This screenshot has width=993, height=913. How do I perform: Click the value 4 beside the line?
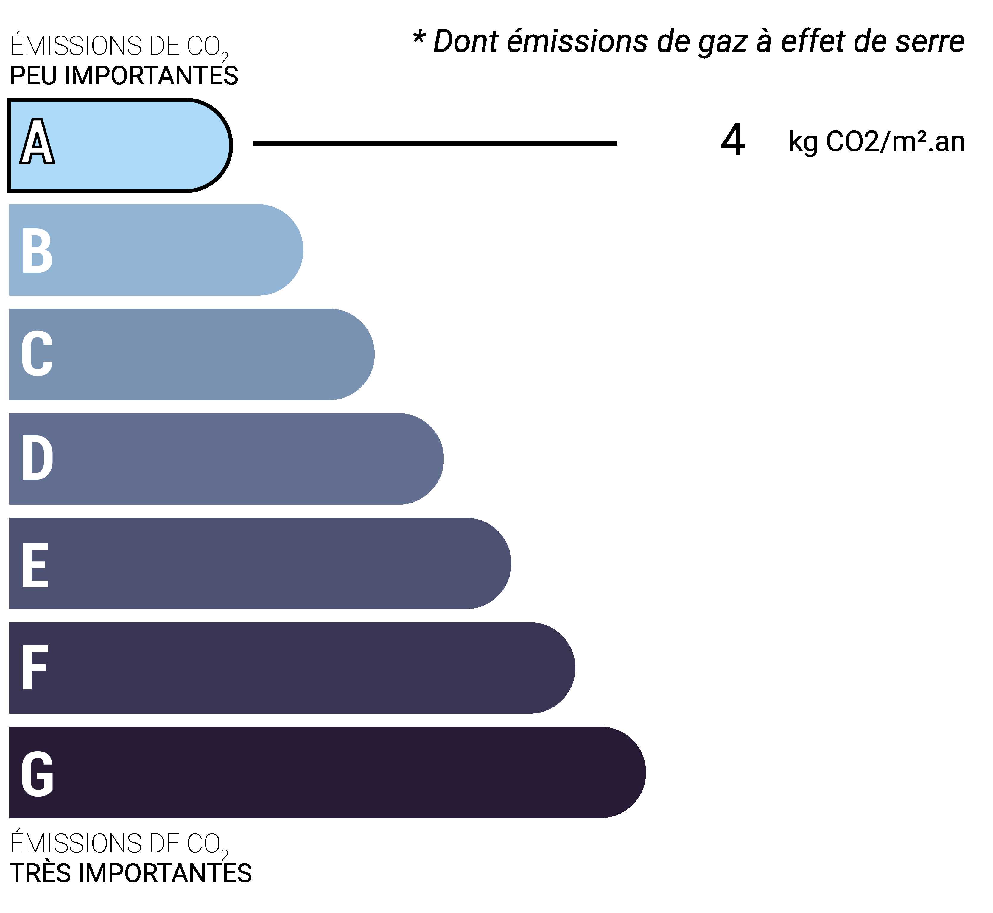click(733, 141)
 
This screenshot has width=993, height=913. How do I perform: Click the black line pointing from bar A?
click(435, 144)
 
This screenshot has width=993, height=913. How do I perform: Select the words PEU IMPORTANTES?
click(124, 76)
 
